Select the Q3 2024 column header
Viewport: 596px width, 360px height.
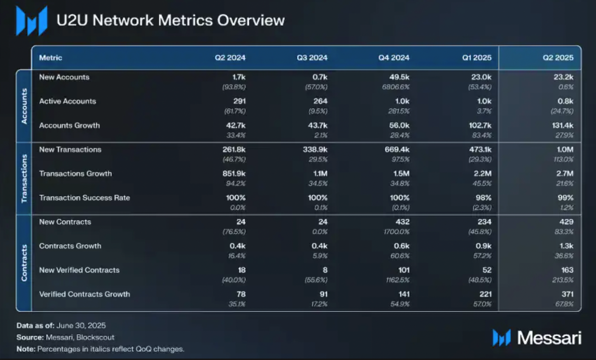click(312, 58)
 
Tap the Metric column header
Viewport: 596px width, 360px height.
click(51, 58)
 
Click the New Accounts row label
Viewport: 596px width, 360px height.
click(64, 78)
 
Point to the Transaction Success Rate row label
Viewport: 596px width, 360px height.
click(85, 198)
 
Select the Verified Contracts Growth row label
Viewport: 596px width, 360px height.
click(85, 294)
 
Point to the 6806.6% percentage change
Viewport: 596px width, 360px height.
click(397, 87)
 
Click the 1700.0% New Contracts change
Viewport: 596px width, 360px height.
click(397, 232)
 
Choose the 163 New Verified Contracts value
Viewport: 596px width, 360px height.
click(567, 270)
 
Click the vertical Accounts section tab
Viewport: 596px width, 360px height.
click(24, 106)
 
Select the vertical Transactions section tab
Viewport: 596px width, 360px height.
click(24, 179)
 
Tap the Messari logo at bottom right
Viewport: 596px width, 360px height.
click(537, 338)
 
